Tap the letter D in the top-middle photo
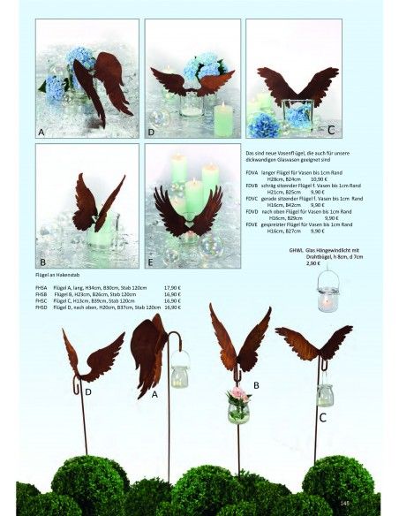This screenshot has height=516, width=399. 152,132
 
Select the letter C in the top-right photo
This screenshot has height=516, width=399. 330,130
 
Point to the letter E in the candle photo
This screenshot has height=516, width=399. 152,262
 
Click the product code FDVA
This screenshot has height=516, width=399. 252,173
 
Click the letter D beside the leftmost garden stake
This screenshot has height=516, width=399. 88,390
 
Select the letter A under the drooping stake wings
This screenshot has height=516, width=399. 154,394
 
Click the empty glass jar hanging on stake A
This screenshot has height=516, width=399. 180,375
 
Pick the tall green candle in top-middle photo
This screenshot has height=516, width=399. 222,119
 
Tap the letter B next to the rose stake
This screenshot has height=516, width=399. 256,385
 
